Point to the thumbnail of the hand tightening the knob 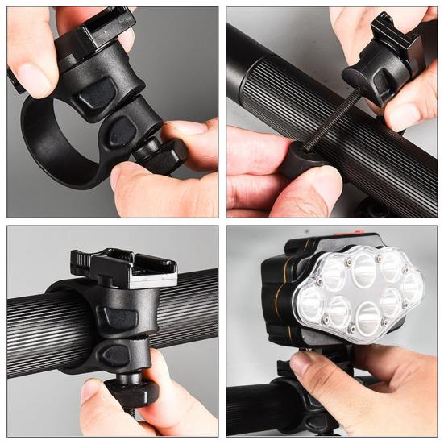click(92, 392)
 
